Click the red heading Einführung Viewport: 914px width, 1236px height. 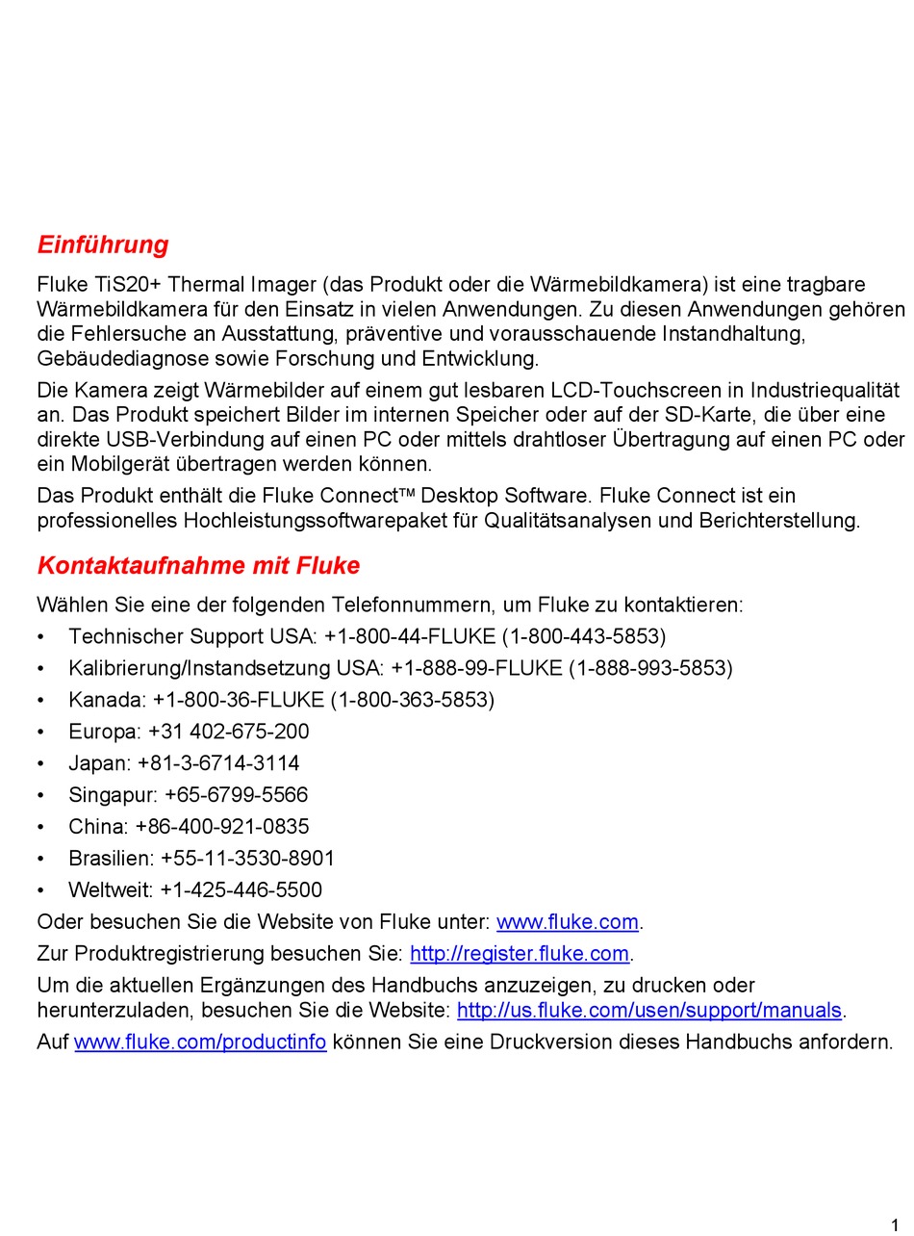(103, 245)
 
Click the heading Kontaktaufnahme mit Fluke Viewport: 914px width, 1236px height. (198, 566)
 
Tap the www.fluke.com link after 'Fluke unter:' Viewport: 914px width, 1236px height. (567, 922)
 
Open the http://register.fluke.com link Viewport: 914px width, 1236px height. (520, 954)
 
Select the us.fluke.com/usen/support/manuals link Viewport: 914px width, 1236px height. (649, 1011)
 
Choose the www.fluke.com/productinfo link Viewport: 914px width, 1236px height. (200, 1043)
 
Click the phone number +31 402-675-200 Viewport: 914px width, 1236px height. (229, 732)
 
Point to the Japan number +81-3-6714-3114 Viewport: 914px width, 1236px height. (218, 763)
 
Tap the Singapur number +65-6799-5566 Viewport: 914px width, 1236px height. (236, 795)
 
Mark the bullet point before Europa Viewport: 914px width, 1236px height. (40, 732)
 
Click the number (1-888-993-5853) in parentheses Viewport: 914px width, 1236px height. (650, 668)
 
